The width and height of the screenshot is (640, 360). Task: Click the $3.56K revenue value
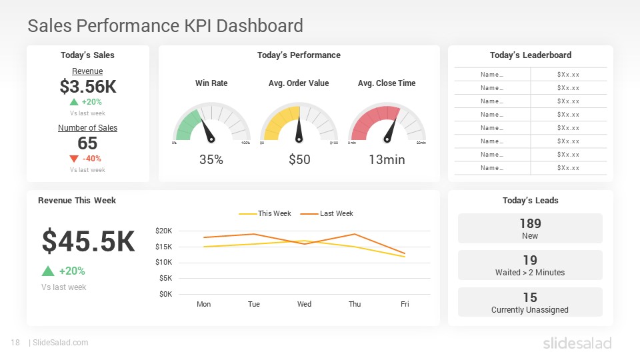[87, 87]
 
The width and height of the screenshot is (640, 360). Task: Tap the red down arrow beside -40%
[74, 159]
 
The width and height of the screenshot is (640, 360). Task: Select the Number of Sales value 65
[87, 143]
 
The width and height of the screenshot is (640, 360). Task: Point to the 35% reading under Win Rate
[211, 160]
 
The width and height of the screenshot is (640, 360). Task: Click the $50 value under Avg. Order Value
[299, 160]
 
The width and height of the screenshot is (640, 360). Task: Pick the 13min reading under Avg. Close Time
[387, 160]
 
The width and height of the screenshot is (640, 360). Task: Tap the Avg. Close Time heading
[387, 83]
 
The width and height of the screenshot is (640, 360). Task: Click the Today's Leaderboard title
[530, 55]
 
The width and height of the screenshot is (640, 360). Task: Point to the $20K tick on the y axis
[163, 231]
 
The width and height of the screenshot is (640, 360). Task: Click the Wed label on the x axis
[304, 304]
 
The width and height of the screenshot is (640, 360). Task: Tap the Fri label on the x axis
[405, 304]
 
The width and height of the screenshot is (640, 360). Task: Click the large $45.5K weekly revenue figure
[88, 241]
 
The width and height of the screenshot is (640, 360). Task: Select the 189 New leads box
[530, 228]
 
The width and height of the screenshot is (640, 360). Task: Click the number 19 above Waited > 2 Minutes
[530, 260]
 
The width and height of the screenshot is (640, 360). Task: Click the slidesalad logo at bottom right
[577, 343]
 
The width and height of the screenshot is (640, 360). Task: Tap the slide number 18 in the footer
[15, 343]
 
